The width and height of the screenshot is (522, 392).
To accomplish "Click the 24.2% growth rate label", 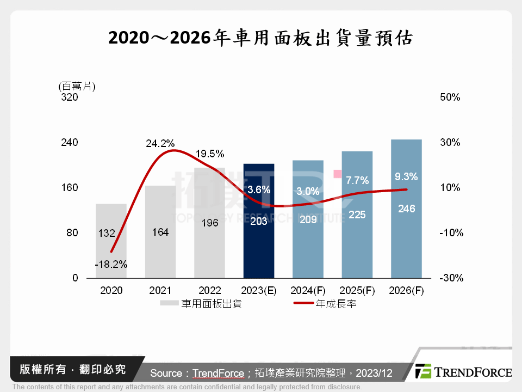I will point(160,144).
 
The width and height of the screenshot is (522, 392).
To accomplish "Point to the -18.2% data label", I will point(111,265).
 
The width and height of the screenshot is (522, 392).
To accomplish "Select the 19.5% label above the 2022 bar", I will point(209,154).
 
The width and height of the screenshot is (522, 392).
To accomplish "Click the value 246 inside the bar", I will point(406,209).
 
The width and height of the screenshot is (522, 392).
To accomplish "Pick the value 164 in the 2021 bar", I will point(160,232).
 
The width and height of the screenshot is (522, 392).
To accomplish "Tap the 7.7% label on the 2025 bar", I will point(357,180).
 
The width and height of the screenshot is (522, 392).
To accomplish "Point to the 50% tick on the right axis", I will point(450,97).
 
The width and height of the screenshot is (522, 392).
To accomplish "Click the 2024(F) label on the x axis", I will point(308,291).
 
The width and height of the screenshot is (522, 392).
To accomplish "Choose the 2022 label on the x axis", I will point(209,291).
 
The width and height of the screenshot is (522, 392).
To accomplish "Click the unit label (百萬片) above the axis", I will point(76,85).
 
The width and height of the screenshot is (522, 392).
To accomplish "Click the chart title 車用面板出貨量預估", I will point(260,38).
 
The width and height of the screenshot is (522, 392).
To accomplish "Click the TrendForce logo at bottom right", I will point(463,372).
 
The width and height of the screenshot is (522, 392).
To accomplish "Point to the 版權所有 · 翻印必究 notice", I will point(72,370).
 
